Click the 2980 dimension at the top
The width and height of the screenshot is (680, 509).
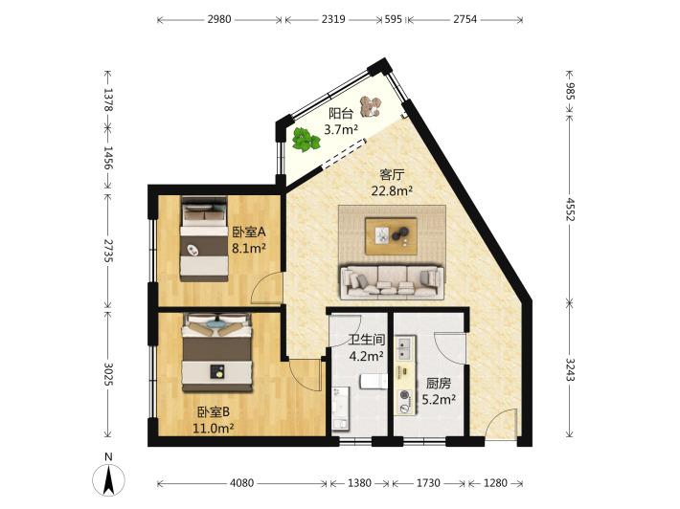tap(219, 19)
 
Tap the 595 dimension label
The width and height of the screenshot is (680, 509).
tap(394, 19)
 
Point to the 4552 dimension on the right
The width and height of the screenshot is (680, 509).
tap(570, 210)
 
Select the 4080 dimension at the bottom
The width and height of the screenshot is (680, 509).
tap(241, 482)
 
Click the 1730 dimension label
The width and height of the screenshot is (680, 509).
tap(428, 482)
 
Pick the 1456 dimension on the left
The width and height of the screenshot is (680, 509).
tap(108, 158)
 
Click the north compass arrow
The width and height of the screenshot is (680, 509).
tap(109, 479)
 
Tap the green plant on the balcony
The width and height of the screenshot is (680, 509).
tap(306, 139)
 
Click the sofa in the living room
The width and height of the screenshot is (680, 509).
tap(393, 282)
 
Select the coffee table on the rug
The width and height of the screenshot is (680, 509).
tap(391, 236)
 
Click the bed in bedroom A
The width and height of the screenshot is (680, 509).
tap(204, 238)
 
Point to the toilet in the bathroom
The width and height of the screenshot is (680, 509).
tap(374, 382)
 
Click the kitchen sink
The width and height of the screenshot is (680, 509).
tap(405, 348)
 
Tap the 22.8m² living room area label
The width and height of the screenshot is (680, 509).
tap(392, 190)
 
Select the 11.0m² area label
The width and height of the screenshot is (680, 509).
tap(214, 429)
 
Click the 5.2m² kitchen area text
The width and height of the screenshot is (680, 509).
tap(439, 399)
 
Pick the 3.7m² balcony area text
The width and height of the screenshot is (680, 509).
tap(341, 129)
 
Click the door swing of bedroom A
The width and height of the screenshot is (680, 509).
tap(267, 288)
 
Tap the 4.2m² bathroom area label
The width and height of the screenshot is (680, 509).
tap(367, 356)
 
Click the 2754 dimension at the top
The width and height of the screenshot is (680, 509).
tap(465, 19)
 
